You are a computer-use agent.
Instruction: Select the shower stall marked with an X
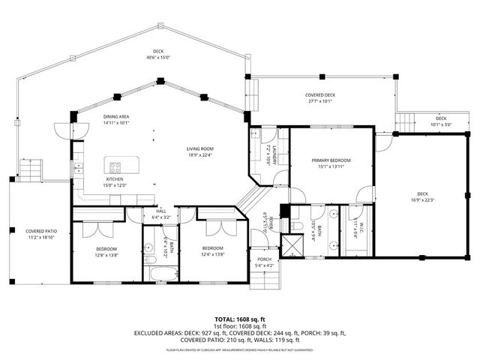click(x=290, y=246)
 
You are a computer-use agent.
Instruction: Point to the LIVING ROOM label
click(x=200, y=148)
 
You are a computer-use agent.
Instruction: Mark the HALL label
click(x=160, y=211)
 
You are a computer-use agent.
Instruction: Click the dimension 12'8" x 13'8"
click(x=105, y=255)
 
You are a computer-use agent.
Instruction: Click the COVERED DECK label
click(x=319, y=94)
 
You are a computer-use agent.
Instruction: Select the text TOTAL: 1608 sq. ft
click(x=239, y=319)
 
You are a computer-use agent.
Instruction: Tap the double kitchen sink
click(x=77, y=167)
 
